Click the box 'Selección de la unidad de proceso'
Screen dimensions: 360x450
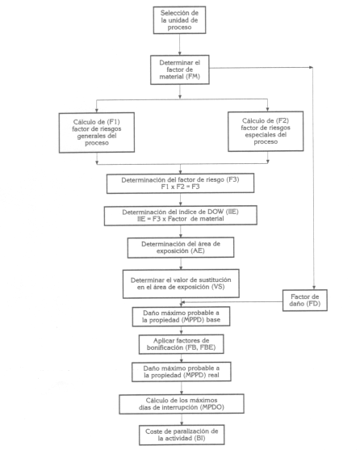pyautogui.click(x=179, y=20)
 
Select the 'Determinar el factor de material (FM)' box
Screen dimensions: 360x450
pyautogui.click(x=180, y=69)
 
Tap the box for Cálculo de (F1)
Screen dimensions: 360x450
pyautogui.click(x=97, y=132)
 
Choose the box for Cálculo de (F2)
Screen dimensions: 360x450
pyautogui.click(x=266, y=131)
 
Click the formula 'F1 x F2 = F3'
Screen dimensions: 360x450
pyautogui.click(x=180, y=187)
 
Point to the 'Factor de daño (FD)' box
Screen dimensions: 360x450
pyautogui.click(x=304, y=301)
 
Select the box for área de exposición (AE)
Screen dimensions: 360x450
pyautogui.click(x=181, y=247)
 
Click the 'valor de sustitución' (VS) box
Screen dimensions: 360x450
pyautogui.click(x=181, y=284)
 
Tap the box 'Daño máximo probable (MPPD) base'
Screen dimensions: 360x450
pyautogui.click(x=181, y=317)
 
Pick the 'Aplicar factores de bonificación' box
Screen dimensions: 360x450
pyautogui.click(x=181, y=344)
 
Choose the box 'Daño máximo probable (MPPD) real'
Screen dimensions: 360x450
pyautogui.click(x=182, y=372)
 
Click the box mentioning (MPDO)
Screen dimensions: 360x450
pyautogui.click(x=182, y=404)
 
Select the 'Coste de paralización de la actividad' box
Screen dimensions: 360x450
pyautogui.click(x=182, y=435)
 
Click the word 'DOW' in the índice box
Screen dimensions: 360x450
pyautogui.click(x=216, y=212)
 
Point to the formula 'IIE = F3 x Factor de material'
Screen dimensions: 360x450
pyautogui.click(x=181, y=219)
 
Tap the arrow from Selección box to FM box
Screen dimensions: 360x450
pyautogui.click(x=180, y=44)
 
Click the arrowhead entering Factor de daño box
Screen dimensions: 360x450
pyautogui.click(x=314, y=288)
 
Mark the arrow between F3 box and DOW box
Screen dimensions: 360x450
pyautogui.click(x=180, y=200)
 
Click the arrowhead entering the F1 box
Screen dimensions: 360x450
pyautogui.click(x=97, y=110)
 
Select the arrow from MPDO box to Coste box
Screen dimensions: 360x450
pyautogui.click(x=182, y=419)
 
